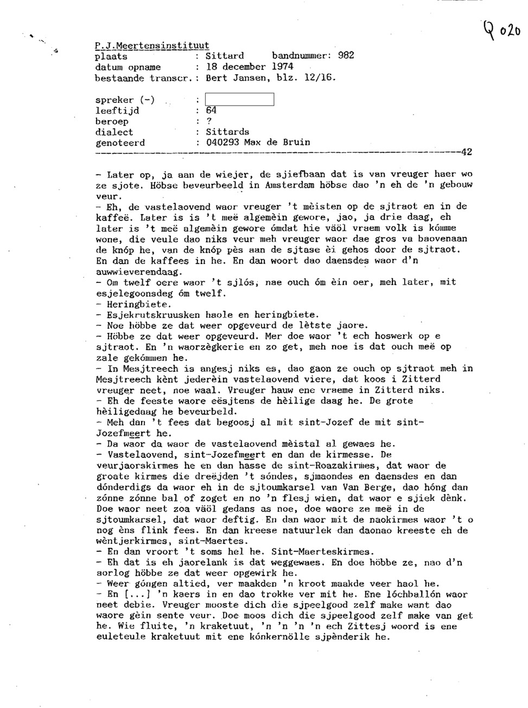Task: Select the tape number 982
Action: pos(346,56)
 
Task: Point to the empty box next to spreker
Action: pos(239,99)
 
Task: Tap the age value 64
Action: pos(212,110)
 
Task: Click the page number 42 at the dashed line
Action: pos(466,152)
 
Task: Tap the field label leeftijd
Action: pos(117,110)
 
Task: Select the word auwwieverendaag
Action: pos(139,272)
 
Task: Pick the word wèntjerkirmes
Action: pos(129,541)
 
